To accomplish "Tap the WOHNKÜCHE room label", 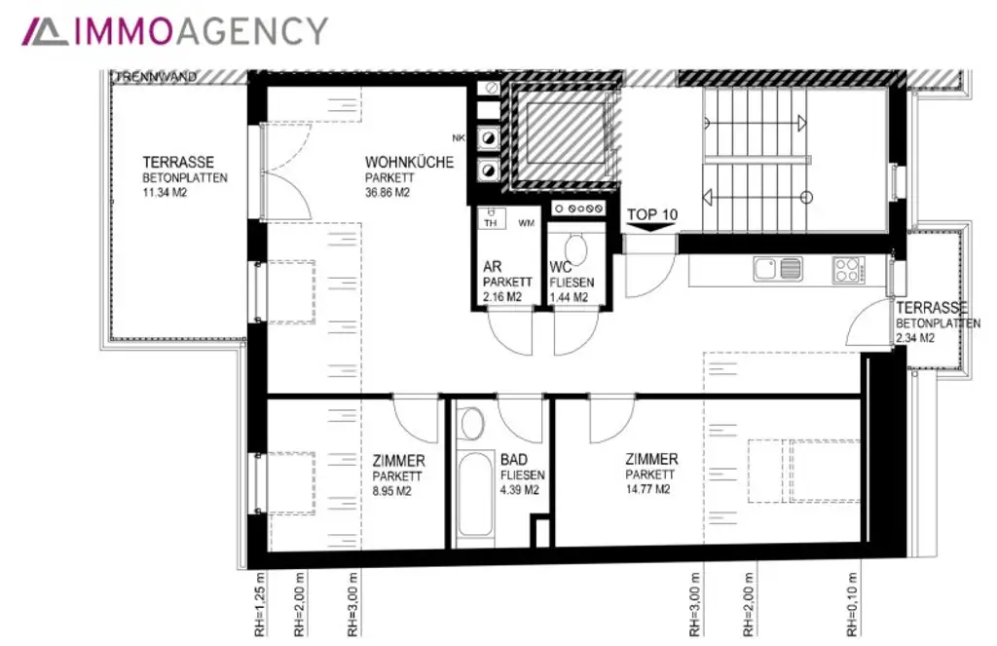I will coord(409,163).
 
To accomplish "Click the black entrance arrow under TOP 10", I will coord(651,228).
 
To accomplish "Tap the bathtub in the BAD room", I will coord(475,498).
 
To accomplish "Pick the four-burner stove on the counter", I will coord(846,268).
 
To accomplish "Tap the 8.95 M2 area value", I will coord(399,492).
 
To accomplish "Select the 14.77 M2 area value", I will coord(649,490).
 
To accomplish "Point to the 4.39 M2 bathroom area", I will coord(520,491).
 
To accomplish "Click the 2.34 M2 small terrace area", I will coord(915,338).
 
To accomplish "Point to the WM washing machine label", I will coord(526,224).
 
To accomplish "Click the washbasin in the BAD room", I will coord(473,423).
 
